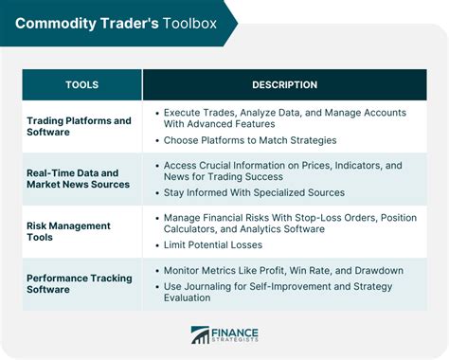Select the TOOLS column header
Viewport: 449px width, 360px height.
click(x=81, y=85)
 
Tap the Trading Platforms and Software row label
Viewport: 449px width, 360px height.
click(x=80, y=126)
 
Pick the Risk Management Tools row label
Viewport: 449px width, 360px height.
click(x=68, y=232)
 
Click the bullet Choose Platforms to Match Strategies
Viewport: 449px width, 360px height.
click(x=250, y=140)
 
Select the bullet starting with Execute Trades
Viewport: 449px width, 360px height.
click(x=284, y=118)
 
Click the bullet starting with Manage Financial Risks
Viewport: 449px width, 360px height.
click(x=289, y=224)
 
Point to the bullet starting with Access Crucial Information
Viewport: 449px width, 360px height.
click(x=284, y=171)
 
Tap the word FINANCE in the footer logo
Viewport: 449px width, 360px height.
click(x=236, y=331)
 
